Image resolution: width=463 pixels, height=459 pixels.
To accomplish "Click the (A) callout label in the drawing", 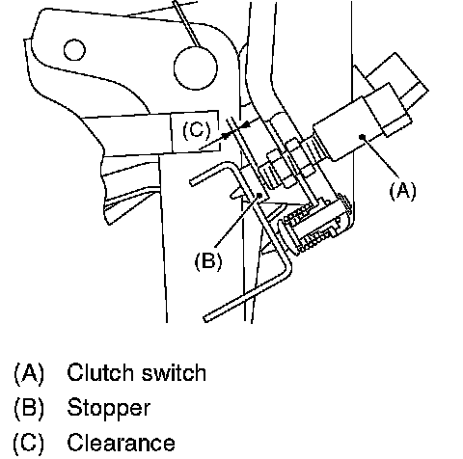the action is coord(402,191).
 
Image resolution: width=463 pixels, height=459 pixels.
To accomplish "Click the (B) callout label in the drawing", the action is coord(208,260).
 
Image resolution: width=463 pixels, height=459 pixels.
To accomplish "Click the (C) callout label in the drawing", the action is coord(197,130).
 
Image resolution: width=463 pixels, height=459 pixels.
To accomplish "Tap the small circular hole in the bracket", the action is coord(74,50).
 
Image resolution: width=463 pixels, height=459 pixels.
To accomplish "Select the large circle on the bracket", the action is coord(196,67).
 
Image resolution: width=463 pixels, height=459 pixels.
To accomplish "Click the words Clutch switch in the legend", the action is coord(136,373).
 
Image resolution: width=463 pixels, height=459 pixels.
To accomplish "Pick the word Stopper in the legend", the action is coord(108,408).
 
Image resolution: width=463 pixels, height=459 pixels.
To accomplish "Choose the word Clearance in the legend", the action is coord(121,443).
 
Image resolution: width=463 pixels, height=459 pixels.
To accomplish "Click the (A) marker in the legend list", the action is coord(29,373).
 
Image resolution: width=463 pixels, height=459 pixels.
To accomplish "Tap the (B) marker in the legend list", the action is coord(29,408).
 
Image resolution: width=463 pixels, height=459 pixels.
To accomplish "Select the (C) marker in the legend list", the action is coord(29,443).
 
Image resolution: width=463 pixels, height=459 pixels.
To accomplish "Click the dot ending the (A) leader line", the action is coord(363,137).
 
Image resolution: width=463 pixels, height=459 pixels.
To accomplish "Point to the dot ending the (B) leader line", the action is coord(259,195).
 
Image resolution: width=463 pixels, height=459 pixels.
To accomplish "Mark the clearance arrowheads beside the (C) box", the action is coord(234,130).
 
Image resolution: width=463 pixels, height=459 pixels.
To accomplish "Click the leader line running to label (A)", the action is coord(381,157).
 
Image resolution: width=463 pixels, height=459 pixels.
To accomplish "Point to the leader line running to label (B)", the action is coord(236,222).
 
